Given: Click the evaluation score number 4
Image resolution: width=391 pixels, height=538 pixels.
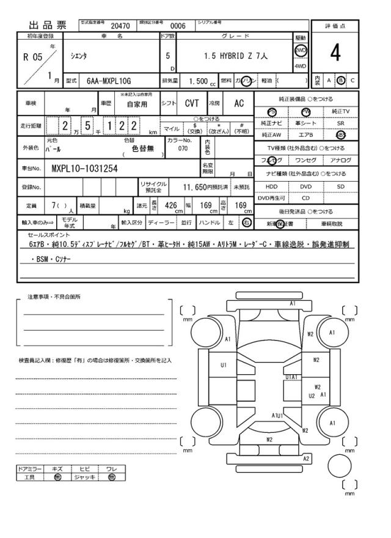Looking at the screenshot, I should (x=335, y=54).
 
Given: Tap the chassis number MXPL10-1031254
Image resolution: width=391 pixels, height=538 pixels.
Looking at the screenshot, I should (x=84, y=168).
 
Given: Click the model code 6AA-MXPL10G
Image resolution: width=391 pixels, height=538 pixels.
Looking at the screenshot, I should (x=109, y=81).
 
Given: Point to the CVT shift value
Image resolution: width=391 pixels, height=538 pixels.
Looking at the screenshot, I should (x=193, y=104).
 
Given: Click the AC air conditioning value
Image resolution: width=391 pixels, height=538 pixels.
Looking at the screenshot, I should (x=239, y=104).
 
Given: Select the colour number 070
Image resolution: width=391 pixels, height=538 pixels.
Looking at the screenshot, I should (x=183, y=148).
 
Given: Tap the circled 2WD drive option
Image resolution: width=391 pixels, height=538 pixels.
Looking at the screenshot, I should (x=301, y=50).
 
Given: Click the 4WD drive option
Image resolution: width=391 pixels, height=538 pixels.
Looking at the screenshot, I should (x=301, y=65).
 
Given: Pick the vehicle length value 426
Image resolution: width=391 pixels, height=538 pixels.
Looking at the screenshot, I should (x=172, y=205).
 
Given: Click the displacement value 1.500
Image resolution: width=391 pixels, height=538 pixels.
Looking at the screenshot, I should (x=199, y=81).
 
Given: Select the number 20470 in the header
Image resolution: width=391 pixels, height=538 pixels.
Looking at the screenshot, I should (x=120, y=26).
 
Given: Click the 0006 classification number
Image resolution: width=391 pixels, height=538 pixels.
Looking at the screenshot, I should (x=178, y=26).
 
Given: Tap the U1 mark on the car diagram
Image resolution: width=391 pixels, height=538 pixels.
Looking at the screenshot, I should (x=224, y=365).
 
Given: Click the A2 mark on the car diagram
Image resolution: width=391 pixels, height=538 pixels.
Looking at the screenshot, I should (x=306, y=458).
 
